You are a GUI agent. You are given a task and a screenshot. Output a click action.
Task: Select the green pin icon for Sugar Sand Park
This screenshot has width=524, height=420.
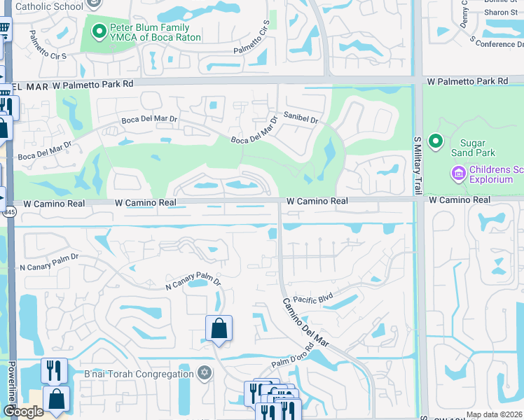click(436, 142)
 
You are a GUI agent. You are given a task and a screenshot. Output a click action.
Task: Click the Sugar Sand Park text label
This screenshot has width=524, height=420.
click(474, 147)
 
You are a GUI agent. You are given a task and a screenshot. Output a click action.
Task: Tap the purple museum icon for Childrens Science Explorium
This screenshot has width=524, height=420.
click(459, 172)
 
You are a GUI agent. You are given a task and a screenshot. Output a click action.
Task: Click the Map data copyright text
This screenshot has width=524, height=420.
click(494, 414)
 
